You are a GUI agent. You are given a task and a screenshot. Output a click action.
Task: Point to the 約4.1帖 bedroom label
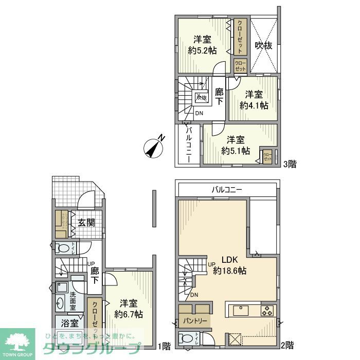pos(254,100)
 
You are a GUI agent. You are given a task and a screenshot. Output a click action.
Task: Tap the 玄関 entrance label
pos(86,223)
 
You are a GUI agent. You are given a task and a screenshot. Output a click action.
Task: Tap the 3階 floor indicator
pos(289,165)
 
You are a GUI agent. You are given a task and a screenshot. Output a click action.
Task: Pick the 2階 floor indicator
pos(288,345)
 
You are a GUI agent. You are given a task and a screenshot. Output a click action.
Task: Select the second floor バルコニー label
pos(227,190)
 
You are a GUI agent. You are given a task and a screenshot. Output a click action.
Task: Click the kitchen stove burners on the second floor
pos(267,311)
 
